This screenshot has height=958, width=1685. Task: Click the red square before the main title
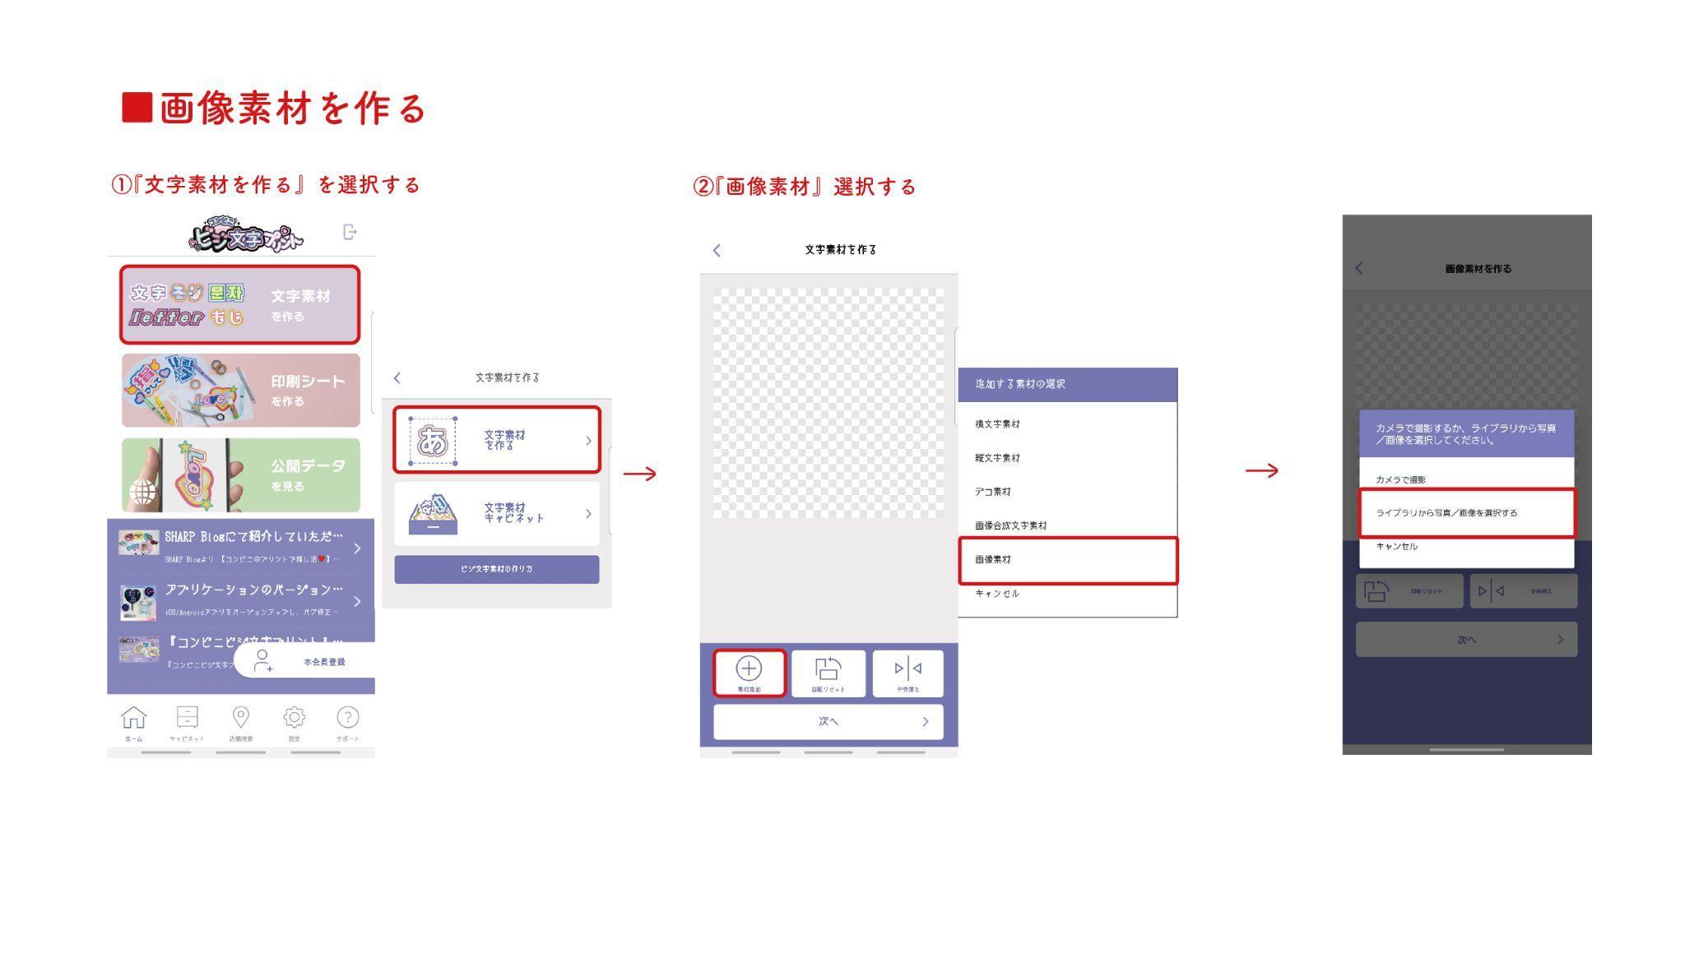(x=137, y=108)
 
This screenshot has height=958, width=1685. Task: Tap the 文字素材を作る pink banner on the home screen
(x=240, y=304)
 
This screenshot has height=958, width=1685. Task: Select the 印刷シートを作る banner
(x=240, y=390)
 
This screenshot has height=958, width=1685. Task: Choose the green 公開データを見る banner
(x=240, y=475)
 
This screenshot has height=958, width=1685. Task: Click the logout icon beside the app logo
(x=350, y=233)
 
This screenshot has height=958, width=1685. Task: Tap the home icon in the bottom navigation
(x=133, y=719)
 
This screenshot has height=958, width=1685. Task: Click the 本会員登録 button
(x=304, y=661)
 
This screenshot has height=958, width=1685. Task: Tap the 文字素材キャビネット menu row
(x=496, y=513)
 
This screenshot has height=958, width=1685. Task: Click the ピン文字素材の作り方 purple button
(x=496, y=569)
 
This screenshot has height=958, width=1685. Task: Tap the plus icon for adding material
(x=749, y=669)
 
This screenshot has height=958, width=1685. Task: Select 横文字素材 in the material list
(x=998, y=424)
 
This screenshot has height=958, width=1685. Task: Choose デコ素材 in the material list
(x=993, y=492)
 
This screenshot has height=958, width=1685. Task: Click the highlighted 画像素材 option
(x=1067, y=560)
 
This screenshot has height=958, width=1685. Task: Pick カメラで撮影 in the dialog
(x=1401, y=479)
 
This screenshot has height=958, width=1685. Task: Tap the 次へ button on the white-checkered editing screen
(x=829, y=722)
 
